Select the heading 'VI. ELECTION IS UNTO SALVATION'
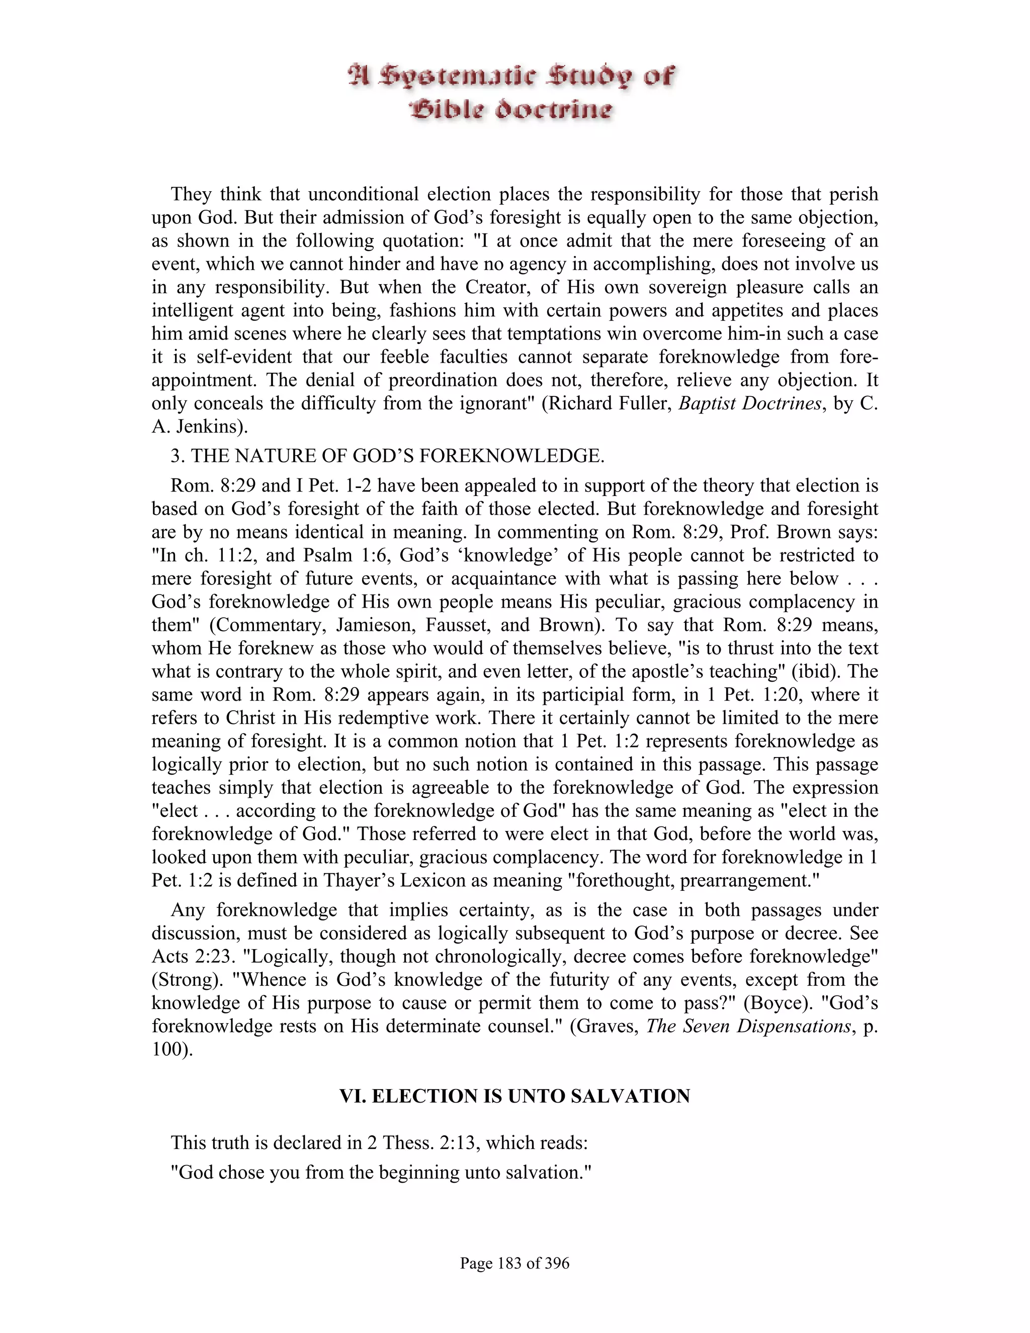(514, 1096)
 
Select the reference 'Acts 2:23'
(192, 956)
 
